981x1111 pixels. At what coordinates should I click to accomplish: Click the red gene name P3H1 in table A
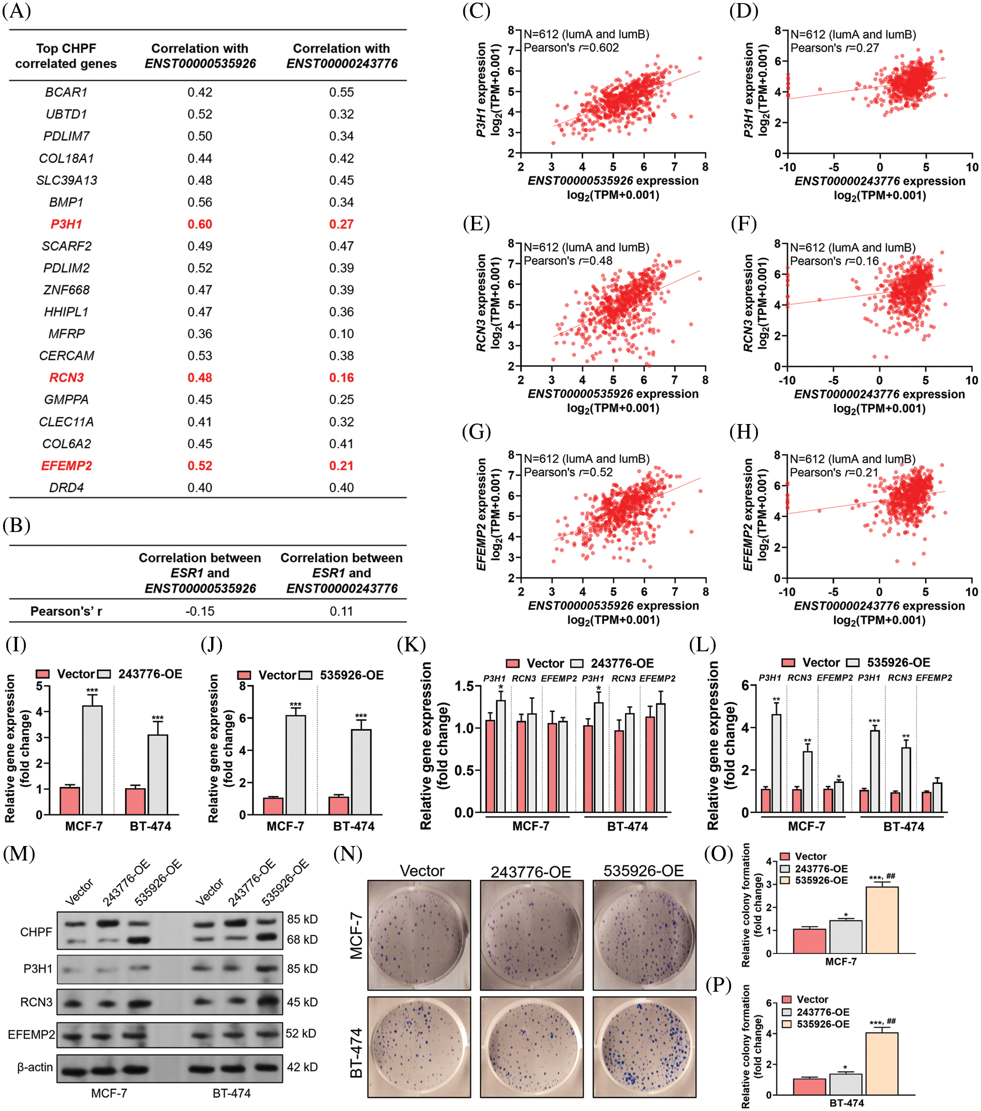point(66,224)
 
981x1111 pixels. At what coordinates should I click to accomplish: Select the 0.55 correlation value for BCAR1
point(341,92)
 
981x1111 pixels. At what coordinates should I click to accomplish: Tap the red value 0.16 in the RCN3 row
point(341,378)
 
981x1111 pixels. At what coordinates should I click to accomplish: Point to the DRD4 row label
point(66,488)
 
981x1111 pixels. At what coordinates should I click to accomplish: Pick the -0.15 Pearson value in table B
point(199,612)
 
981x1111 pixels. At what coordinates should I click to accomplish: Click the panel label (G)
point(476,432)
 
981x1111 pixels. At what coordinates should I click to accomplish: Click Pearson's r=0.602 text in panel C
point(571,48)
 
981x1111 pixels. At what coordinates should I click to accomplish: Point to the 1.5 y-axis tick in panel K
point(465,686)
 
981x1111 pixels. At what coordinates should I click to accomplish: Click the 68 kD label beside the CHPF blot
point(302,939)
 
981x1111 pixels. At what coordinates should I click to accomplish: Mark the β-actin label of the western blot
point(35,1067)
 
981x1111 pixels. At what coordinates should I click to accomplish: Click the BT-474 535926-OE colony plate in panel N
point(644,1046)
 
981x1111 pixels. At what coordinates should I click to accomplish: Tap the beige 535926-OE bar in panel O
point(881,920)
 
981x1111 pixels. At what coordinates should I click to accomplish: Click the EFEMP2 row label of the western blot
point(31,1035)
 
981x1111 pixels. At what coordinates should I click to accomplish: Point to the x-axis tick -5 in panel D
point(834,167)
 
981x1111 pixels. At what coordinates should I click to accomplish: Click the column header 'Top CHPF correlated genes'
point(66,56)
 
